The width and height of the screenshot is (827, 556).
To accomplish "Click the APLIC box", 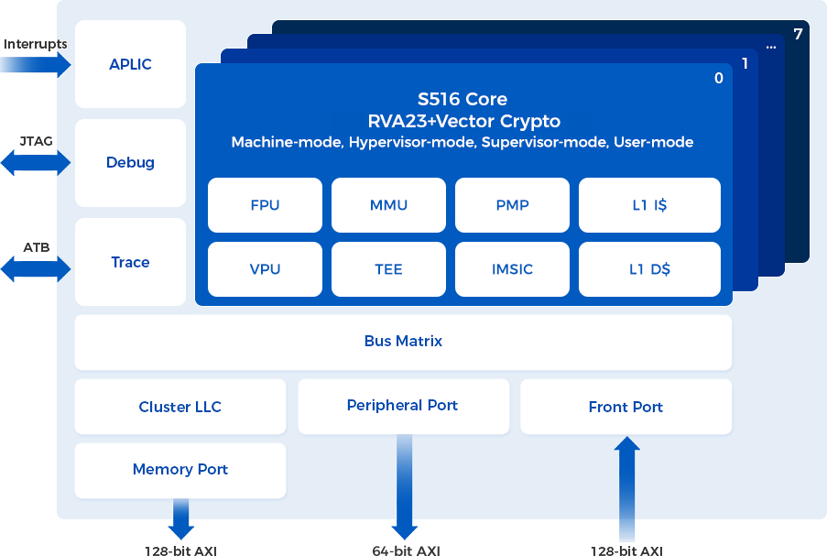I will pos(130,64).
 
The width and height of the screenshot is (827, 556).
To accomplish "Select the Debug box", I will pos(130,163).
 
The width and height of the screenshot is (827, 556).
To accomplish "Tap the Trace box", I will pos(130,262).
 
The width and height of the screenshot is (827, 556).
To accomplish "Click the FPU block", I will pos(265,205).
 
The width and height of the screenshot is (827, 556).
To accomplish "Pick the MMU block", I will pos(388,205).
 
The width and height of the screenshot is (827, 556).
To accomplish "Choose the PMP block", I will pos(512,205).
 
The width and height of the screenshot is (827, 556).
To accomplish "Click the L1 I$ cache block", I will pos(649,205).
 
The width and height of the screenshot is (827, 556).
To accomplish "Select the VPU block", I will pos(265,269).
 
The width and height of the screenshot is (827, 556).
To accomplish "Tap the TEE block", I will pos(388,269).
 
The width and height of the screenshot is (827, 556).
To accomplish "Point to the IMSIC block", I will pos(512,269).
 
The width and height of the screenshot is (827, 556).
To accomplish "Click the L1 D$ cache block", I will pos(649,269).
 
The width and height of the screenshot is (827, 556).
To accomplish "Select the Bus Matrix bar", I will pos(403,342).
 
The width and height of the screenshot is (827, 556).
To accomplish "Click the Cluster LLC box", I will pos(180,407).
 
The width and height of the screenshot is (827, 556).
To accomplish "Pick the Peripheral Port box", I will pos(403,406).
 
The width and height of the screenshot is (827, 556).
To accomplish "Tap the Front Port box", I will pos(626,407).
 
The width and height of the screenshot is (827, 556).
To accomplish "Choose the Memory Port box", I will pos(180,470).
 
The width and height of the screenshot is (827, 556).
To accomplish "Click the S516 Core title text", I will pos(462,99).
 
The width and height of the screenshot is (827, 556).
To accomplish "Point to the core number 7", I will pos(798,35).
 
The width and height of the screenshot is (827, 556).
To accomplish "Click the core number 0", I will pos(719,79).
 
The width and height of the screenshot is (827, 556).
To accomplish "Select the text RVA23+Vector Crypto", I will pos(463,121).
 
